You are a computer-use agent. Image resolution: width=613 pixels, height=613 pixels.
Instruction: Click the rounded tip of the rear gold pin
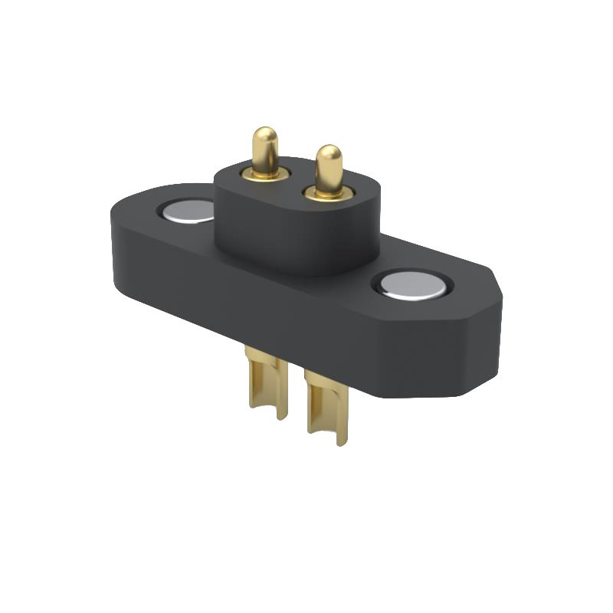pyautogui.click(x=265, y=136)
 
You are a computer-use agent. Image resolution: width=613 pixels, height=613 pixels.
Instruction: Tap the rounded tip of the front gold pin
pyautogui.click(x=329, y=154)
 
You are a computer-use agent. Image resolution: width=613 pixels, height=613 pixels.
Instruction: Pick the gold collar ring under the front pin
pyautogui.click(x=329, y=192)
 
